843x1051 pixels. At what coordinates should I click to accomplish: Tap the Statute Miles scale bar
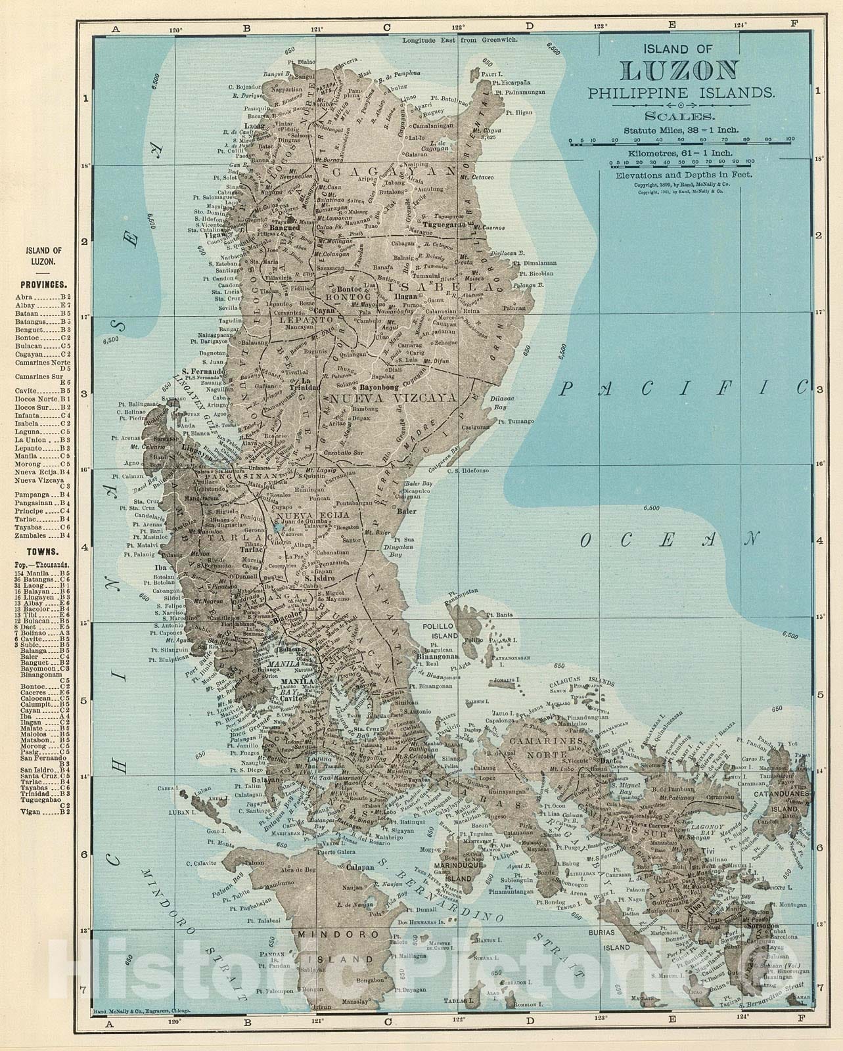[x=679, y=140]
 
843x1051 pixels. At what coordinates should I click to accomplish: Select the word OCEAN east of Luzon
[x=668, y=539]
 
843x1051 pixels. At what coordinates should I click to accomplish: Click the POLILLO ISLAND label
[x=439, y=631]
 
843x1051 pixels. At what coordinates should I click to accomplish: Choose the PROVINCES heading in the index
[x=45, y=285]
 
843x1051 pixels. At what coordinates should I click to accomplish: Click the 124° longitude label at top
[x=742, y=26]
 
